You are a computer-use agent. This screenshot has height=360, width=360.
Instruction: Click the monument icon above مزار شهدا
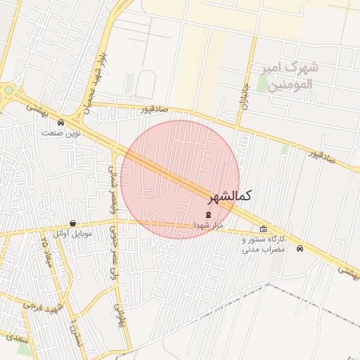207,214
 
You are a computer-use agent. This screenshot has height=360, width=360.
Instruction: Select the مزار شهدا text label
209,225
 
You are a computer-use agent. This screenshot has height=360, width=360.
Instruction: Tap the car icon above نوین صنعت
60,122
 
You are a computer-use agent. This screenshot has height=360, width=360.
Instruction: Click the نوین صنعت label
61,133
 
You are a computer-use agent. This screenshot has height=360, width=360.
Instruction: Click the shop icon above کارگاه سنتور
264,229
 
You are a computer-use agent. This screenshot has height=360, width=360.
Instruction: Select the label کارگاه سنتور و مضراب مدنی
264,244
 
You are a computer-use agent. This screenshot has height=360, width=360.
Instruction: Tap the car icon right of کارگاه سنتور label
300,248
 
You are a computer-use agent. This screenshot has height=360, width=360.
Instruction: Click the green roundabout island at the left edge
7,91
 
